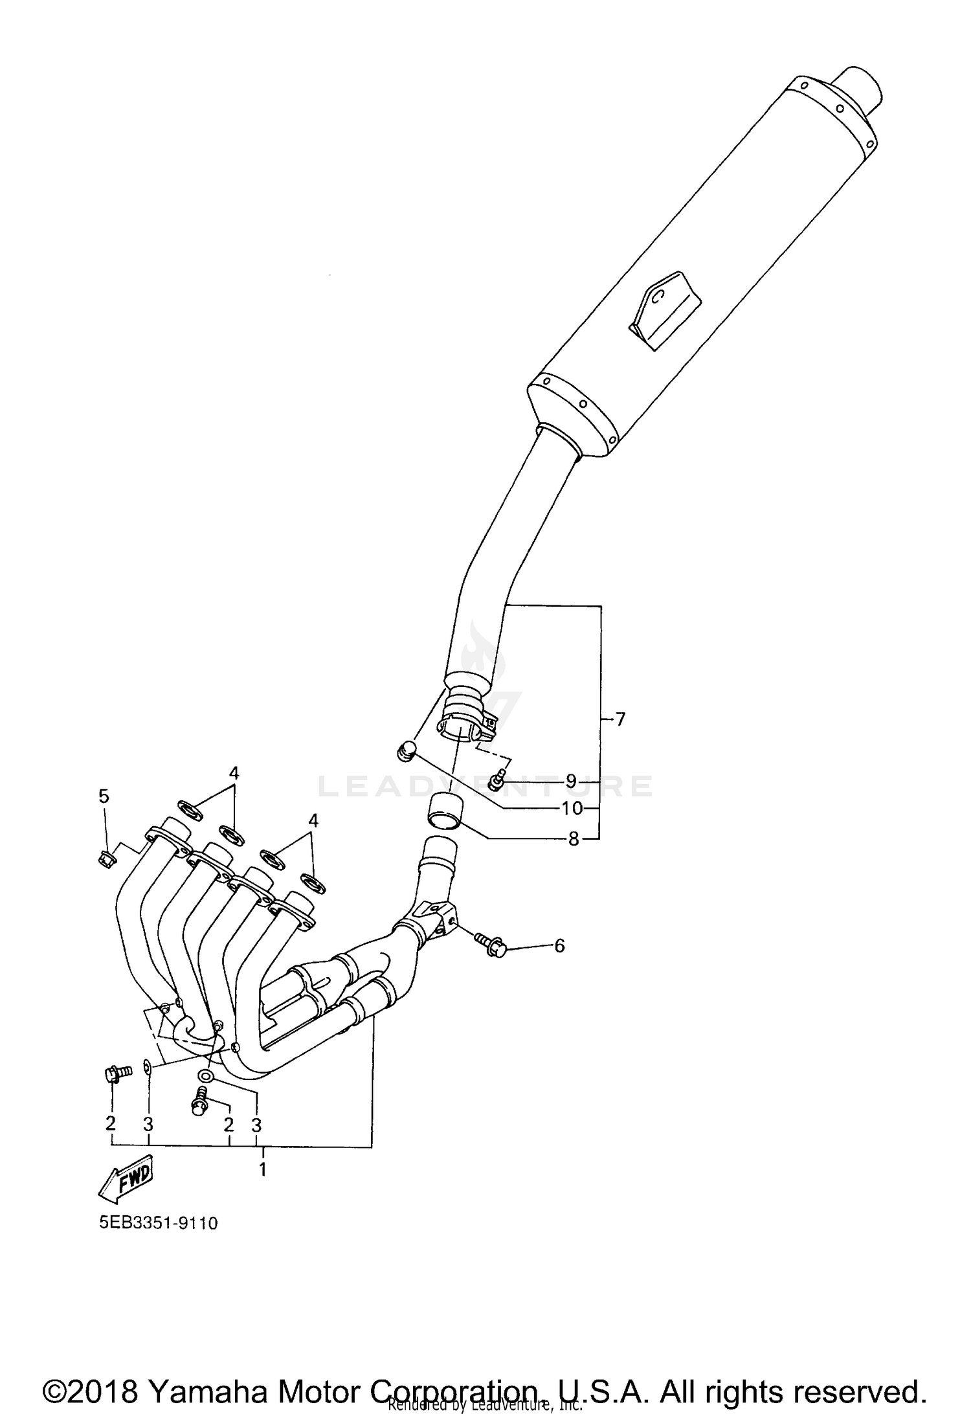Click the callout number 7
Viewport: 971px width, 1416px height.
pos(620,719)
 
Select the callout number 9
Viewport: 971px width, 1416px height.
pos(571,781)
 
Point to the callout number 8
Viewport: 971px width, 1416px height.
pos(574,839)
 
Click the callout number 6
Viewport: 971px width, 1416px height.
pos(559,946)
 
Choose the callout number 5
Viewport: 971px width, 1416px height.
pos(104,796)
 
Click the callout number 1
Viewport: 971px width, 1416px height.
pos(263,1170)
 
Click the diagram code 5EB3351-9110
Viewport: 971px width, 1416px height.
pos(159,1223)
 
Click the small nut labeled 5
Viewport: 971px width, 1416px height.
pos(106,859)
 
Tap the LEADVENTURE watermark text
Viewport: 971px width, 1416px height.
pos(485,786)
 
